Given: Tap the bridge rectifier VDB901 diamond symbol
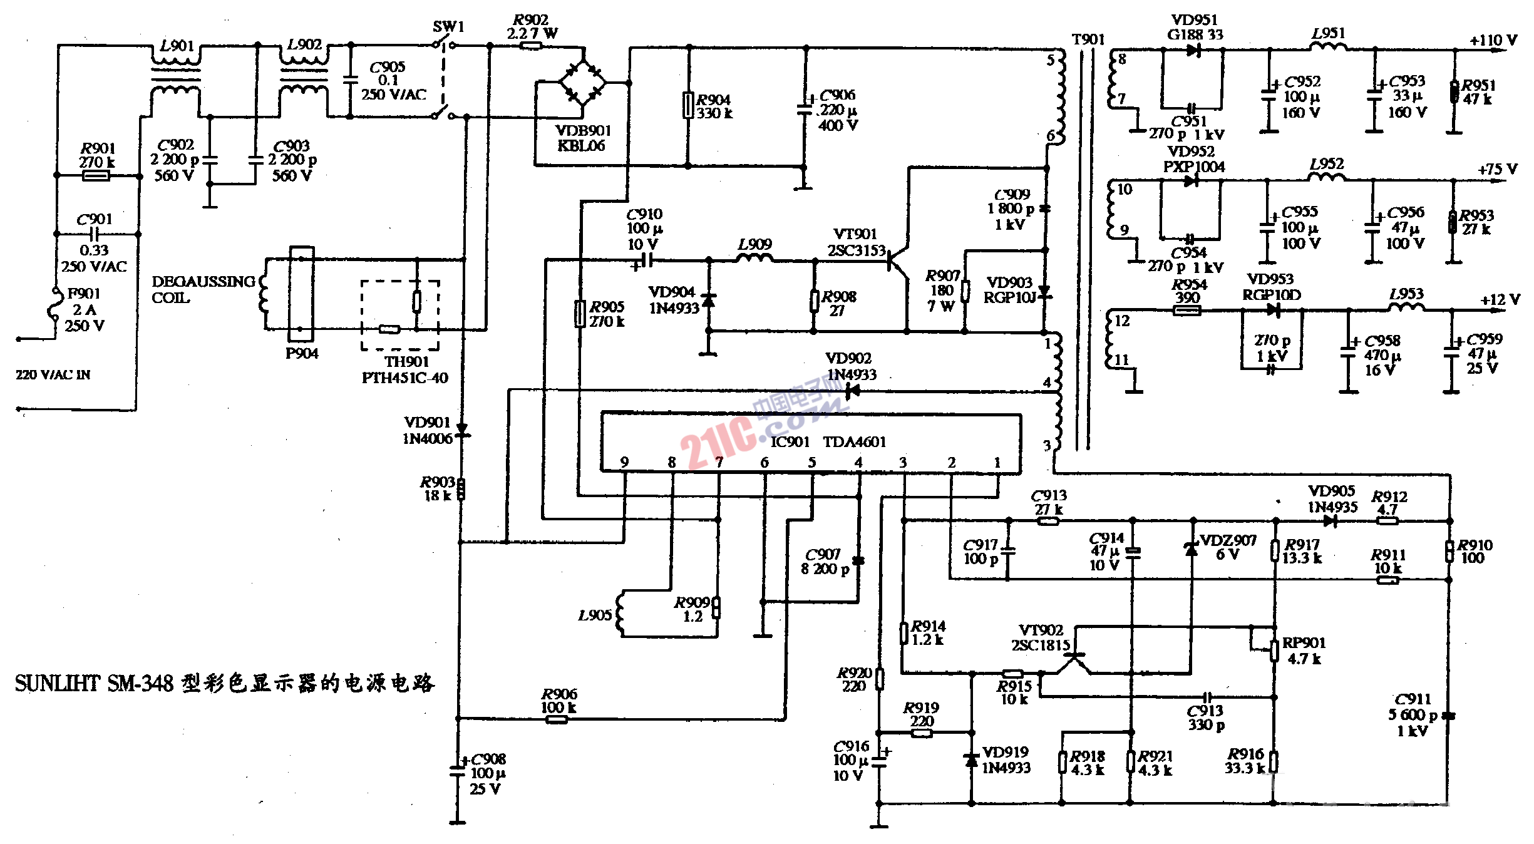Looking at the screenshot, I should [582, 82].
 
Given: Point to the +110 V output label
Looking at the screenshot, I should [1493, 41].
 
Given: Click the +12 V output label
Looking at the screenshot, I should [1500, 300].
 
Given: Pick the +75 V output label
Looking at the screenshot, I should [1497, 170].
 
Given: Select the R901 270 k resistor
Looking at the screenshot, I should [96, 175].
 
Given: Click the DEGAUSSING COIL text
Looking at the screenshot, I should [203, 289].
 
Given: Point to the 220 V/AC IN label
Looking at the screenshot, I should [53, 375].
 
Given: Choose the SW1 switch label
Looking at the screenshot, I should [448, 27].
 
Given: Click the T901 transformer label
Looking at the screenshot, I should [1088, 39].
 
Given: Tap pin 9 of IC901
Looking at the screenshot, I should [624, 463].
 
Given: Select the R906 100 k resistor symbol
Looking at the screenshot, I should [557, 719].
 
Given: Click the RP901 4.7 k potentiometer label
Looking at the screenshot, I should [1304, 651].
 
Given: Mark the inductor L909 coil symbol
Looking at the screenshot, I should [754, 258].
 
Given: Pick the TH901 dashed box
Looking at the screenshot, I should [399, 315].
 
